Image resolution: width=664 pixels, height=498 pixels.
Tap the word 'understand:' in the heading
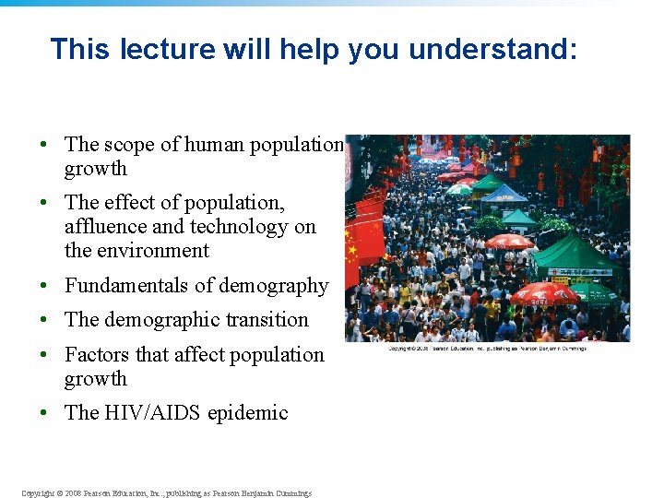tap(492, 49)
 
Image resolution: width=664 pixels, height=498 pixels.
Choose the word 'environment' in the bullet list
tap(150, 251)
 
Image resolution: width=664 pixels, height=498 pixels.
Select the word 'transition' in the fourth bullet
tap(262, 320)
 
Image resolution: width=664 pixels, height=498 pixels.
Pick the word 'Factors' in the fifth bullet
tap(97, 355)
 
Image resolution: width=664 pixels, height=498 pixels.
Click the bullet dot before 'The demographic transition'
tap(43, 321)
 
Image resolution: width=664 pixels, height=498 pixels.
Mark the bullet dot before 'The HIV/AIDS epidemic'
tap(43, 414)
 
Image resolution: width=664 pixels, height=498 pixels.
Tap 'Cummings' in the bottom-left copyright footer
tap(290, 493)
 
